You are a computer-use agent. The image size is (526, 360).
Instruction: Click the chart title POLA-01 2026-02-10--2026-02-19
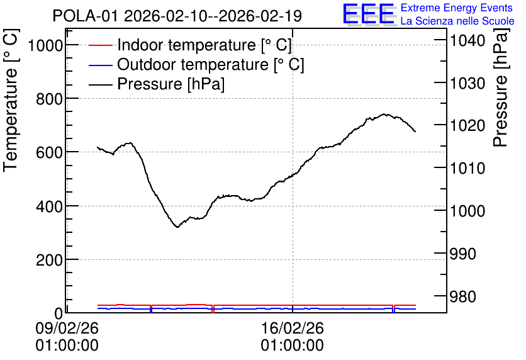pos(177,16)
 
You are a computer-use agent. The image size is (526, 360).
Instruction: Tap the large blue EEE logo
pos(369,14)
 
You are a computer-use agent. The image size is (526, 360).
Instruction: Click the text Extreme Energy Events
pos(457,8)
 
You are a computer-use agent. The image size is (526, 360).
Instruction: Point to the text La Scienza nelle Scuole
pos(457,21)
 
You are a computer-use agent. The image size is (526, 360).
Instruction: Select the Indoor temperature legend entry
pos(190,45)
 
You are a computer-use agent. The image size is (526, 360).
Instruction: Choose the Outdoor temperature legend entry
pos(196,64)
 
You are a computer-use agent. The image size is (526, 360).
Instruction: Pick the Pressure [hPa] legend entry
pos(157,84)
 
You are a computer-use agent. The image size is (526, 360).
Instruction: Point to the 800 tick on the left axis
pos(50,99)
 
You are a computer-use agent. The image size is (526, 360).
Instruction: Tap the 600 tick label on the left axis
pos(50,152)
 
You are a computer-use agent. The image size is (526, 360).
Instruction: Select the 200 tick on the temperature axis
pos(50,260)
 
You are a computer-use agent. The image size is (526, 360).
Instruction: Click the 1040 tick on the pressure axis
pos(467,41)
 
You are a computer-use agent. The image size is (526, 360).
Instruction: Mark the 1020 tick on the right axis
pos(467,126)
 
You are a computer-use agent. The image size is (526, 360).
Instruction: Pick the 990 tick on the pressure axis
pos(462,254)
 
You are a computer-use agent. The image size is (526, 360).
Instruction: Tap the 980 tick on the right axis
pos(462,296)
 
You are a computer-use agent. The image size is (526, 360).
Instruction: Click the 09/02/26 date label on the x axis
pos(67,328)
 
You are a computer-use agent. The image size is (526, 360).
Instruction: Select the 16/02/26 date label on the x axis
pos(293,328)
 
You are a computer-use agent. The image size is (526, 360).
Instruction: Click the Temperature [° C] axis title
pos(11,101)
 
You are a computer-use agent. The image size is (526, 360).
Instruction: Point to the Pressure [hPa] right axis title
pos(500,87)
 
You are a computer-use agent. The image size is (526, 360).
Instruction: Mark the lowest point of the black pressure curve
pos(177,227)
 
